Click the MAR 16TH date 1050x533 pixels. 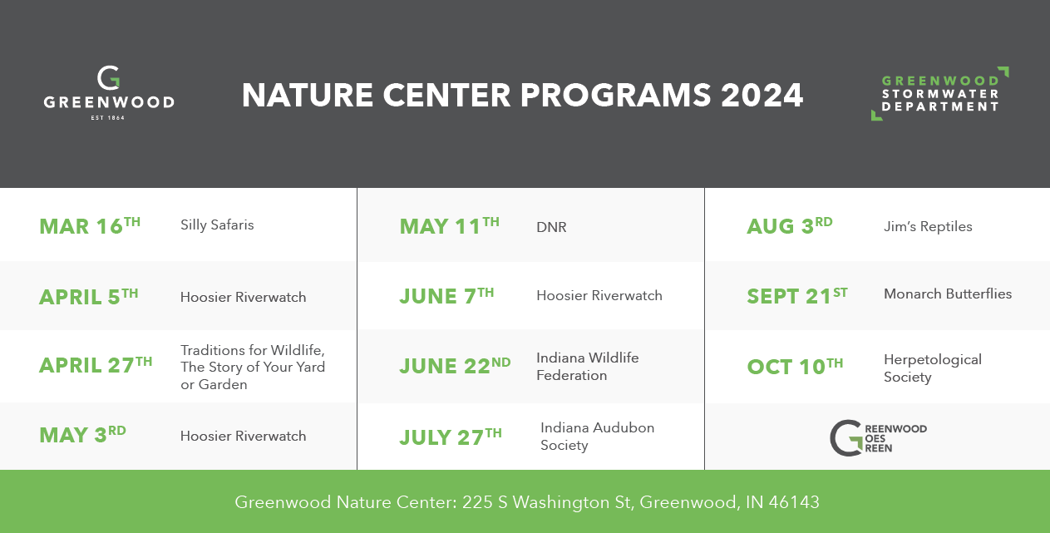90,226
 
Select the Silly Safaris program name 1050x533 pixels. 217,225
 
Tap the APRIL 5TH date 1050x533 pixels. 89,297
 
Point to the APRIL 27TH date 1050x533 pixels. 96,365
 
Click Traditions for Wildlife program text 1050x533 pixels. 253,367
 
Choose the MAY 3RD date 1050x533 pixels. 82,435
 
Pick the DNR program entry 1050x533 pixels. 551,227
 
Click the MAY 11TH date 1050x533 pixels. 449,226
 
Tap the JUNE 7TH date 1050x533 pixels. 446,296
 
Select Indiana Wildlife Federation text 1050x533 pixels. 587,367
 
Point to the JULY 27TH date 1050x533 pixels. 451,437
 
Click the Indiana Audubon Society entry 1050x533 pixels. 597,436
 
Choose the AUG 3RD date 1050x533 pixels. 790,226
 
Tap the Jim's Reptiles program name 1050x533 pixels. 928,226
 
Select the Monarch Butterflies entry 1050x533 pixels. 948,294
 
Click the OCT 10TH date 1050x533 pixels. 795,367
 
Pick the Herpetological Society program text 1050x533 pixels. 933,368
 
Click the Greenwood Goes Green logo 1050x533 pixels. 878,438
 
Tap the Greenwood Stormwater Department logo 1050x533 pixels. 939,94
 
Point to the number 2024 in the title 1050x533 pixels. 762,95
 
